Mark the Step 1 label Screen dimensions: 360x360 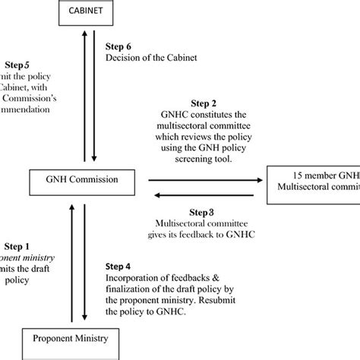17,246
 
